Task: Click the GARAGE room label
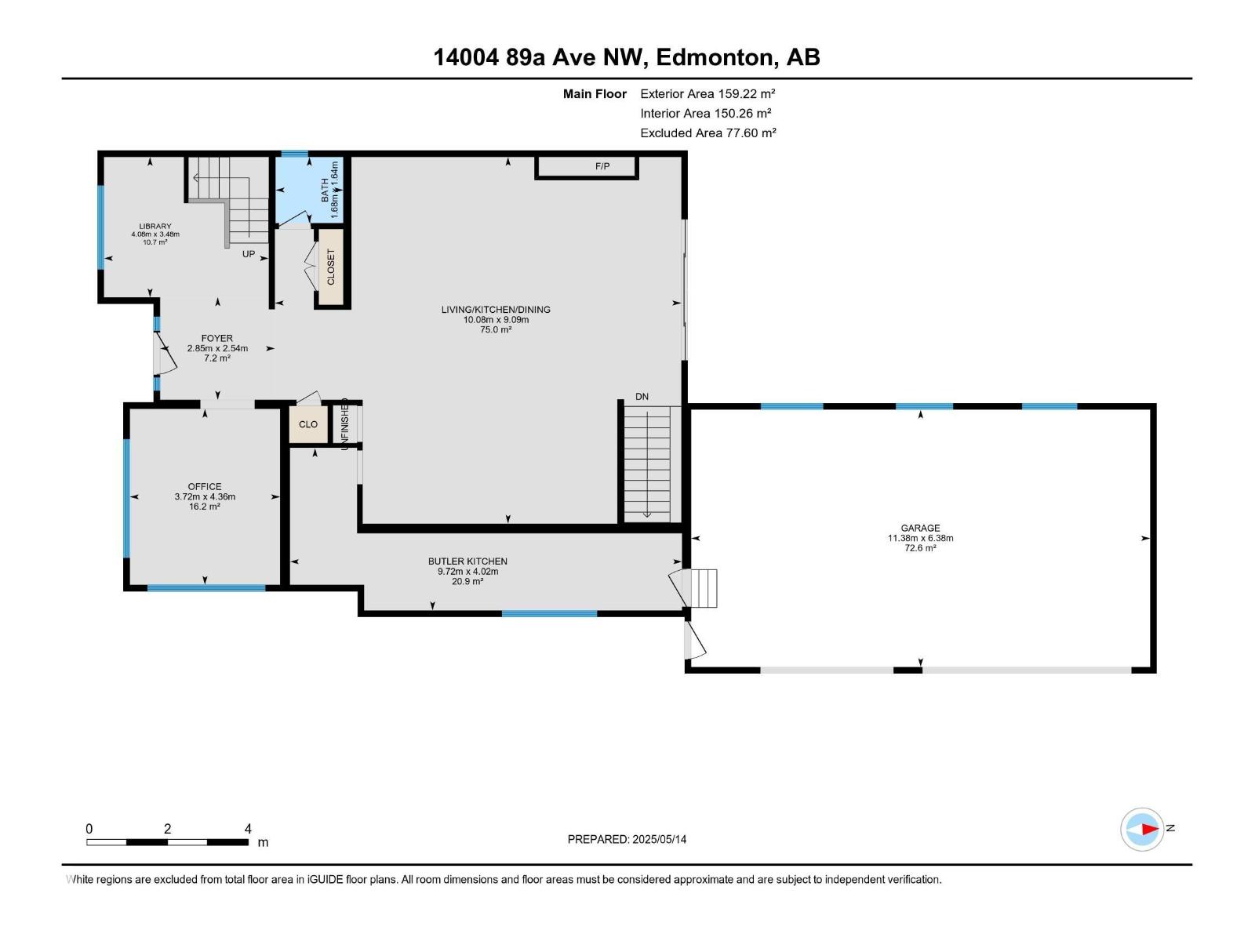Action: [920, 528]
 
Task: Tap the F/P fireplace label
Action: [602, 166]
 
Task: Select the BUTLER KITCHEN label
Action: [467, 561]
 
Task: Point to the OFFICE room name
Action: [205, 487]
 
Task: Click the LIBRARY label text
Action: [155, 227]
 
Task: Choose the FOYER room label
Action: [216, 338]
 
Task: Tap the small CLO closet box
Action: [308, 424]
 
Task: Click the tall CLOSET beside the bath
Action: [331, 267]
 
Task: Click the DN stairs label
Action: [642, 397]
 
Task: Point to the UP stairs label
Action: [248, 253]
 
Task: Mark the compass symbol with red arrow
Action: [1142, 829]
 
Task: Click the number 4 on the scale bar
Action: [248, 828]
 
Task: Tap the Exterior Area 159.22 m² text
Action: [708, 93]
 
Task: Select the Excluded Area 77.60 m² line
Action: [708, 133]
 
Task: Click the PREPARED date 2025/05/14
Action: [659, 839]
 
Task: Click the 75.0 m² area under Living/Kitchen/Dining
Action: [496, 329]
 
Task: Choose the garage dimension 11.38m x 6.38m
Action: [921, 538]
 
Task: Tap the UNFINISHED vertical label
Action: [345, 424]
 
